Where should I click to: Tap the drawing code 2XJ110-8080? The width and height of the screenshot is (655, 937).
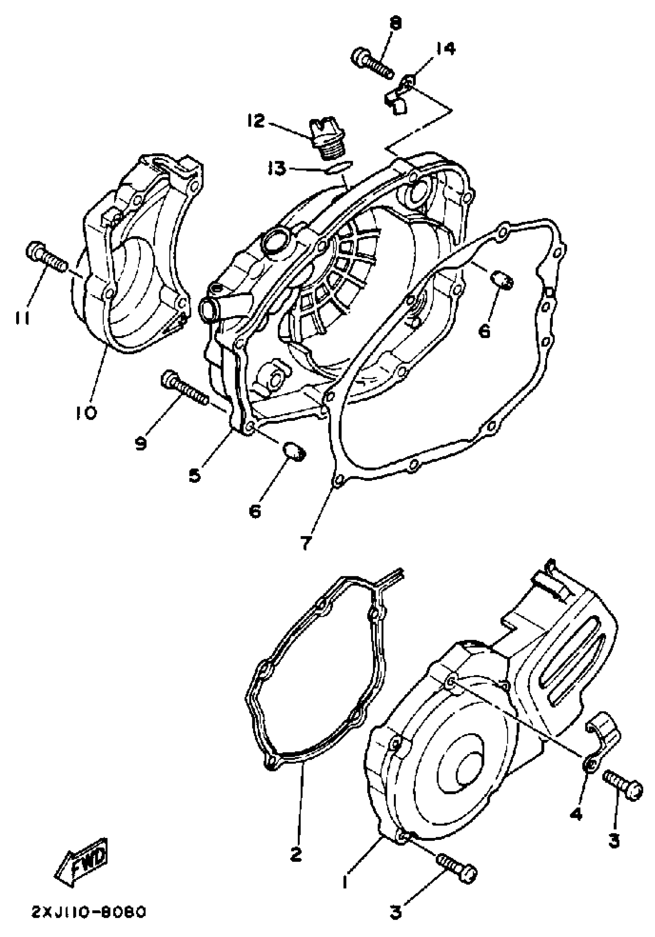(89, 911)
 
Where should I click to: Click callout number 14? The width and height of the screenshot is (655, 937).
(445, 49)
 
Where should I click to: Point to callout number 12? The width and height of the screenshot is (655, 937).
(256, 121)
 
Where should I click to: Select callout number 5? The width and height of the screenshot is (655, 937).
(195, 474)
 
